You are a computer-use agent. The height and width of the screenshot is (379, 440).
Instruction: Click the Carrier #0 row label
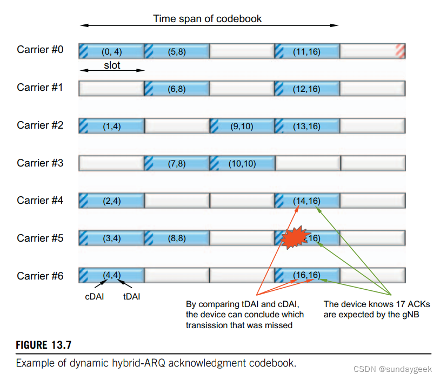click(40, 50)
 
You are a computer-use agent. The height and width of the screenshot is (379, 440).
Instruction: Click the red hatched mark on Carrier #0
click(400, 51)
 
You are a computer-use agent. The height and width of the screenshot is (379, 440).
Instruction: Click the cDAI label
click(96, 296)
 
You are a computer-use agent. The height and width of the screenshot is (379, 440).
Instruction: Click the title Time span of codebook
click(207, 19)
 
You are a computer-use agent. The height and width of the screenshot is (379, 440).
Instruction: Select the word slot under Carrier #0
click(112, 65)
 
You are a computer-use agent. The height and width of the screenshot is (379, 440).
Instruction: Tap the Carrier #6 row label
click(40, 276)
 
